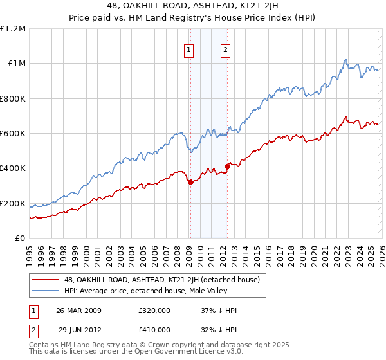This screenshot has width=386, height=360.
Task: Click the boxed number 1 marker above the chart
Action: [x=190, y=50]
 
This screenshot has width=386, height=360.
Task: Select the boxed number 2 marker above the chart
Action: [x=226, y=50]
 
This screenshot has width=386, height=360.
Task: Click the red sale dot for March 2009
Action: [x=190, y=183]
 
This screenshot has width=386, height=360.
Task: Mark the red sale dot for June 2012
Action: [x=227, y=167]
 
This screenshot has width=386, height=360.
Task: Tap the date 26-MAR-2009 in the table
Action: [x=78, y=310]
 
